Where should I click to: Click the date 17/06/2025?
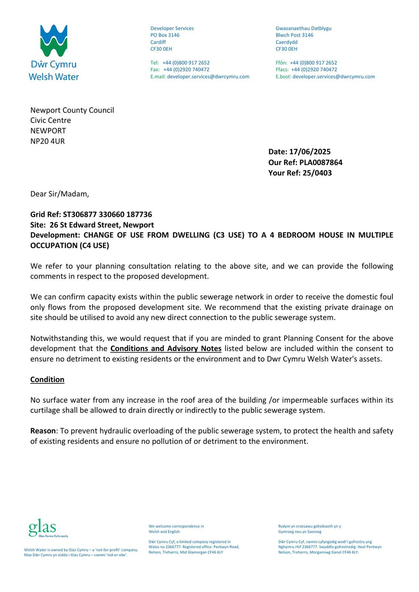310,152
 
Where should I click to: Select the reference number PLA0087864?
321,162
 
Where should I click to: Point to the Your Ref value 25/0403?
317,173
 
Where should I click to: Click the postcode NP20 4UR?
47,141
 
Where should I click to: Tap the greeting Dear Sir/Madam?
60,194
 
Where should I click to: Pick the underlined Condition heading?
47,380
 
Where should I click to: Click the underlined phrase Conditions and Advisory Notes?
166,349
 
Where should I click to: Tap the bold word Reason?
43,431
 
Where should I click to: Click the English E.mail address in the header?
208,77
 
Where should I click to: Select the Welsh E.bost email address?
333,77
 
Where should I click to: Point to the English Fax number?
186,70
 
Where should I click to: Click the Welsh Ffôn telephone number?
313,63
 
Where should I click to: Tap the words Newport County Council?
72,110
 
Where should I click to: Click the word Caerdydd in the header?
286,42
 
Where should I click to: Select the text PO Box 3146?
165,35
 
